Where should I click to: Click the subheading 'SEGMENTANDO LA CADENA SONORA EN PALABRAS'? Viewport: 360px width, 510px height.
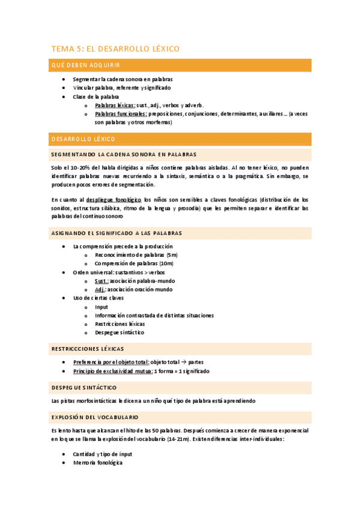coord(124,155)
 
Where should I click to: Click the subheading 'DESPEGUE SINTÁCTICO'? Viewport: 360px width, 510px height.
coord(84,387)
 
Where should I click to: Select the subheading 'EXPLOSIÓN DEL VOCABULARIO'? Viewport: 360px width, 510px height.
coord(95,417)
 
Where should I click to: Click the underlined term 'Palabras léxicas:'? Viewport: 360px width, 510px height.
coord(115,105)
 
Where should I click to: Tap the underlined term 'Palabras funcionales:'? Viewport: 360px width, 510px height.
coord(121,113)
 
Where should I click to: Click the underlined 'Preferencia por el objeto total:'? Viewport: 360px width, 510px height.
coord(111,362)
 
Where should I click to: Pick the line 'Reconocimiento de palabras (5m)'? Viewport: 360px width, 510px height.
coord(136,255)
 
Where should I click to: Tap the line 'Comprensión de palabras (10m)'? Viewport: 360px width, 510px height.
coord(134,263)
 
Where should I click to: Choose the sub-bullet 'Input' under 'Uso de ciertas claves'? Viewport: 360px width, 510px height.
coord(102,307)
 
